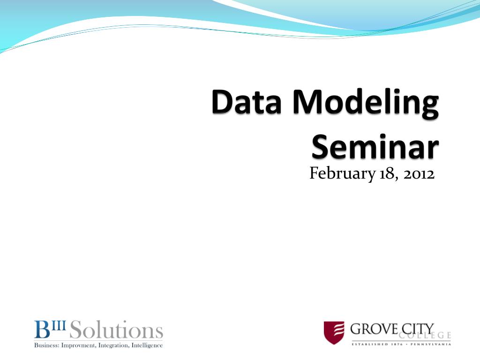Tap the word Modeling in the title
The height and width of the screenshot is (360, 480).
[x=366, y=104]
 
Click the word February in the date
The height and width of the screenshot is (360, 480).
[x=342, y=173]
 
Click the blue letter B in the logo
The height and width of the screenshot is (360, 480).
[x=42, y=330]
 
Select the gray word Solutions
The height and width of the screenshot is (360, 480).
[x=116, y=330]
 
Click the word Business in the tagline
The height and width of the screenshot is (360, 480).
[x=46, y=345]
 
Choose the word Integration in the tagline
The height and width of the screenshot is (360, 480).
[x=113, y=345]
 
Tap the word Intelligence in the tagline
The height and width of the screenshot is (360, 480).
[x=147, y=345]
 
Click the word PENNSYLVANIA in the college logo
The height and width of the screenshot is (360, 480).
[x=431, y=345]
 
